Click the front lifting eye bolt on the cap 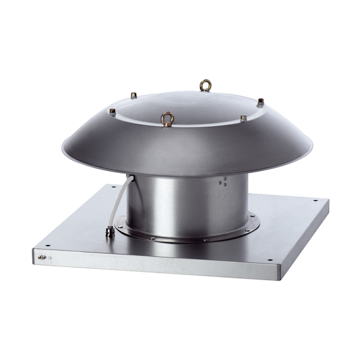pyautogui.click(x=168, y=118)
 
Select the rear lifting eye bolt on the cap pyautogui.click(x=206, y=85)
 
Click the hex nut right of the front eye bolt pyautogui.click(x=243, y=118)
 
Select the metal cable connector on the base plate pyautogui.click(x=110, y=232)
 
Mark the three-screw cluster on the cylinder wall pyautogui.click(x=223, y=181)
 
